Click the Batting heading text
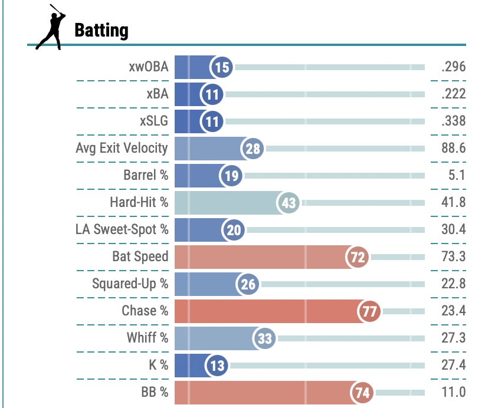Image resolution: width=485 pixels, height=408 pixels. pos(101,29)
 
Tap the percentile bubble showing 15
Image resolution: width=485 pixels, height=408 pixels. pos(222,67)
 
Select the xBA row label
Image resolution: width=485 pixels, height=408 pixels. pos(155,94)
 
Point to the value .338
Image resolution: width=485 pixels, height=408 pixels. pos(453,121)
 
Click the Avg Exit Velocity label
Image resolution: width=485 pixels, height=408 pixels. pos(122,148)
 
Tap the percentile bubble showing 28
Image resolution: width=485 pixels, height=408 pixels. pos(253,149)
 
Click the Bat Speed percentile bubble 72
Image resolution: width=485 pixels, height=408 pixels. pos(358,257)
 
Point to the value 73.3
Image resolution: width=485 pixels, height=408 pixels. pos(453,256)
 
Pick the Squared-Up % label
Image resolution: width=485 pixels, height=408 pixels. pos(130,284)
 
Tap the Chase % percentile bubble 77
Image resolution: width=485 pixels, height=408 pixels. pos(370,311)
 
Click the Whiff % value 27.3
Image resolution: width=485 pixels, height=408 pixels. pos(453,338)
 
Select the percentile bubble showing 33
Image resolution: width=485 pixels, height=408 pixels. pos(264,338)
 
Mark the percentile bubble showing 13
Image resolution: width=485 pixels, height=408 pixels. pos(217,366)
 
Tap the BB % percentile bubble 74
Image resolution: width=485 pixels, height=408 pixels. pos(362,393)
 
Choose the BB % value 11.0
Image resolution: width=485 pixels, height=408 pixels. pos(454,392)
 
